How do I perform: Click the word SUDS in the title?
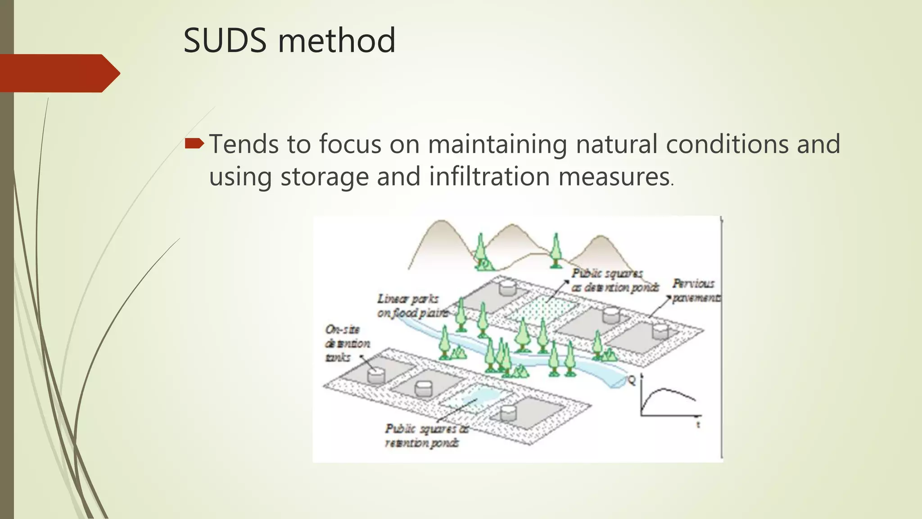click(x=225, y=41)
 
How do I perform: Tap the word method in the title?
click(x=336, y=41)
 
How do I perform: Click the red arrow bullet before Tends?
click(x=194, y=144)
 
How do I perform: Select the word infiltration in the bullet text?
click(x=489, y=176)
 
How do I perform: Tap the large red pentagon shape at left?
click(x=59, y=73)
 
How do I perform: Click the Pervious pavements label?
click(x=695, y=291)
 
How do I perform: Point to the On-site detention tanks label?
click(x=347, y=343)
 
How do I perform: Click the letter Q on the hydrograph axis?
click(x=632, y=381)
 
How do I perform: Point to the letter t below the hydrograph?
click(x=698, y=425)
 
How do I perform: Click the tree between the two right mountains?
click(x=556, y=250)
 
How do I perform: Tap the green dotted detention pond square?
click(x=542, y=311)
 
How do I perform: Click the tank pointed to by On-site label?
click(x=375, y=375)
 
